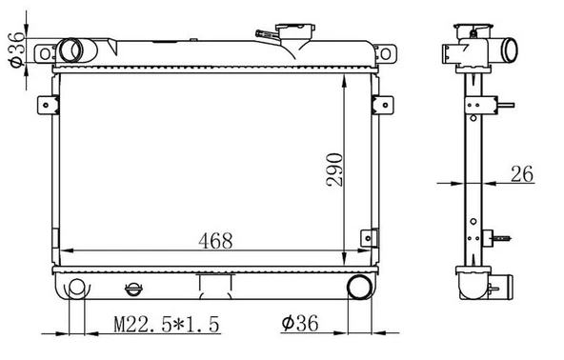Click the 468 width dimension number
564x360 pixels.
(x=215, y=241)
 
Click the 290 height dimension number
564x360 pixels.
(x=334, y=170)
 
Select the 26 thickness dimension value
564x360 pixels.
(x=522, y=174)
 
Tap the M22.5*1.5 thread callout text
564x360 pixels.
(x=167, y=324)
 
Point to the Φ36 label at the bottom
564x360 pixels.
(x=300, y=323)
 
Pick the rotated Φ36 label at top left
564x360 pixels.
(x=17, y=50)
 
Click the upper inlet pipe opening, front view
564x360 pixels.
(x=70, y=50)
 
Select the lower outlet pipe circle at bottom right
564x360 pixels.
(x=360, y=287)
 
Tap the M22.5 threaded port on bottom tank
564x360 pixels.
(x=76, y=288)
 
